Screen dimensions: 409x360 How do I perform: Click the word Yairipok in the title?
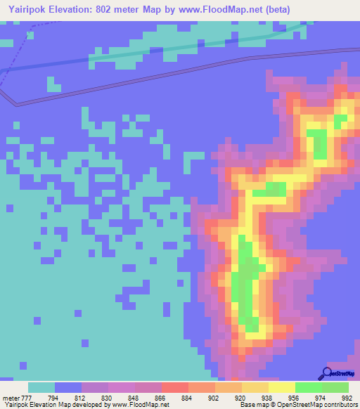(x=25, y=10)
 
